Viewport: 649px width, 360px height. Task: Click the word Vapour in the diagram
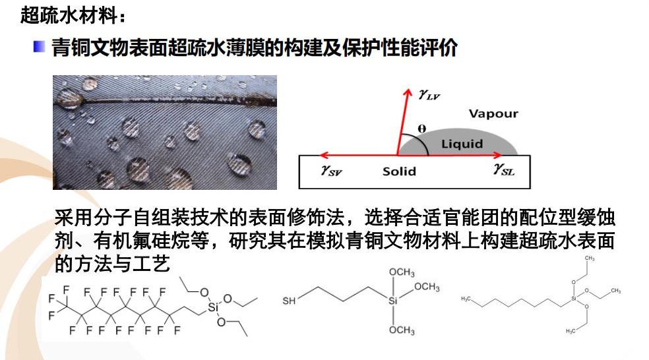tap(493, 113)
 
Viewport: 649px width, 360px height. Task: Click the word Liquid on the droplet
tap(462, 143)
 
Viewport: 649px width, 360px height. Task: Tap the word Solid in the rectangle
tap(399, 171)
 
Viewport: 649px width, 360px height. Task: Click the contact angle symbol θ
tap(422, 129)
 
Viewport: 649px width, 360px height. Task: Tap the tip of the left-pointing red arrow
tap(319, 156)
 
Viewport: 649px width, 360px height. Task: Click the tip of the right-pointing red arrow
tap(503, 156)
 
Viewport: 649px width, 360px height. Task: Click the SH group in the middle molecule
tap(289, 301)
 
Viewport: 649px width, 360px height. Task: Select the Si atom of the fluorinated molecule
tap(212, 307)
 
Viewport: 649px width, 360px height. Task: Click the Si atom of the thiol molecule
tap(394, 301)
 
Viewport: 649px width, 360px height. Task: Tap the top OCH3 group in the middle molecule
tap(402, 272)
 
